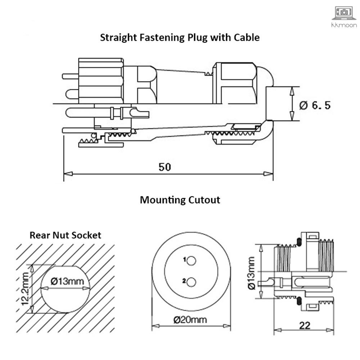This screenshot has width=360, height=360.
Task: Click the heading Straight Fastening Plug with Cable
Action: click(180, 37)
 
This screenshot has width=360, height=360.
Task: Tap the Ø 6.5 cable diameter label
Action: click(315, 105)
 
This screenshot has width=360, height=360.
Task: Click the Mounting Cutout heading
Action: click(180, 200)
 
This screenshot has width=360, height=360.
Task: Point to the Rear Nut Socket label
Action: click(65, 235)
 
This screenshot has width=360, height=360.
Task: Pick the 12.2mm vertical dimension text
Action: click(25, 288)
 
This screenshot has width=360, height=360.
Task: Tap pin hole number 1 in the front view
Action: click(191, 260)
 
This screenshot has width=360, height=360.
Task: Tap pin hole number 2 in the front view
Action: click(191, 282)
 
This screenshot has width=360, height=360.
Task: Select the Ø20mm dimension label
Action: click(191, 320)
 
